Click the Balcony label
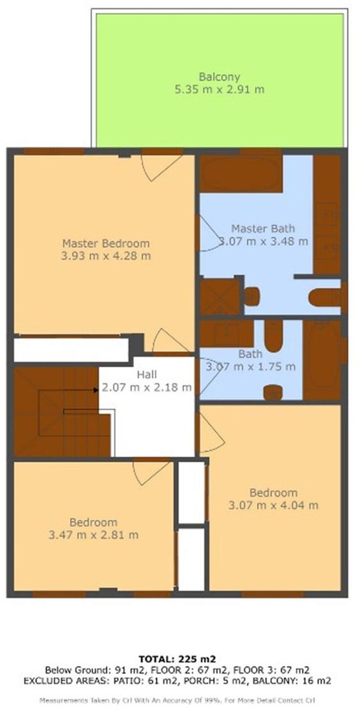[x=219, y=77]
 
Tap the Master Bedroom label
[x=106, y=243]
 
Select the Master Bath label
[x=263, y=228]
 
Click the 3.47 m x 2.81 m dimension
[x=93, y=535]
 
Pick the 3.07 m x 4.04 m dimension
[x=273, y=505]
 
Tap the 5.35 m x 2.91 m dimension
[x=220, y=89]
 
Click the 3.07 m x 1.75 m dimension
[x=251, y=366]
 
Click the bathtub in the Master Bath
[x=241, y=174]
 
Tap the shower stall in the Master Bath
[x=220, y=296]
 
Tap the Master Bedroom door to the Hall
[x=170, y=341]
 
